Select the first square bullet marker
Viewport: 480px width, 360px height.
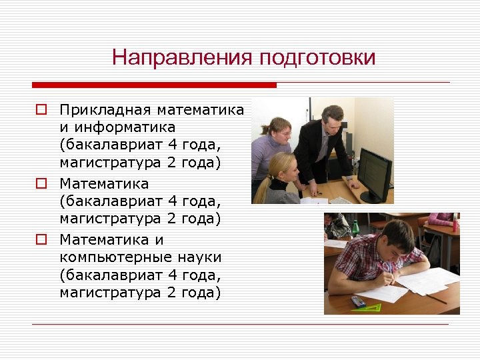(x=41, y=109)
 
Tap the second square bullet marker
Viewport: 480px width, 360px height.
(x=41, y=183)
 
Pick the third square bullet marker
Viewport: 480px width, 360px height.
(x=41, y=239)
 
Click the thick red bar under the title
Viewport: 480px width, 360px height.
(x=154, y=85)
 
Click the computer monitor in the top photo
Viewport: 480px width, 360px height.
(x=375, y=175)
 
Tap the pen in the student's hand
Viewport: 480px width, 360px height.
(x=385, y=268)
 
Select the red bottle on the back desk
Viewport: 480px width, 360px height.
(x=455, y=221)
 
